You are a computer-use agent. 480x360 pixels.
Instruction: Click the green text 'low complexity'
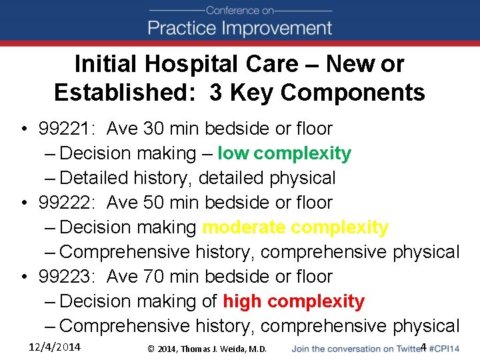[284, 153]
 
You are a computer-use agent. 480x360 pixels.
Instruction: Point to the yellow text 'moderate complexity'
[295, 227]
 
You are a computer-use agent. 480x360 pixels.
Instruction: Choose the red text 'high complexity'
[293, 301]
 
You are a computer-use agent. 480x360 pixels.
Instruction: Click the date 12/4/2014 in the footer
[55, 347]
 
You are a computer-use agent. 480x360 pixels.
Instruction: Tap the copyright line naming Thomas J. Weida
[207, 349]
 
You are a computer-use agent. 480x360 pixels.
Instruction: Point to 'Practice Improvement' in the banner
[240, 28]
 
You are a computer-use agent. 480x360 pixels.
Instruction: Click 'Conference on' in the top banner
[240, 10]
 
